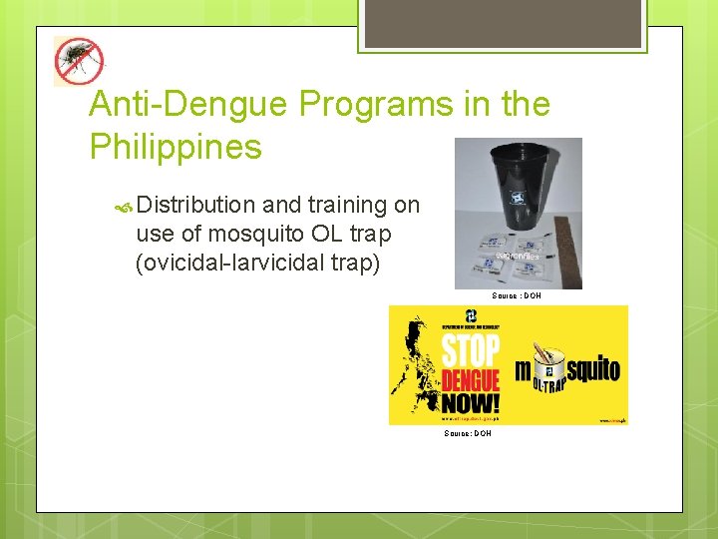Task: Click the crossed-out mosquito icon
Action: [x=78, y=61]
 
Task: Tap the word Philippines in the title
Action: [x=176, y=147]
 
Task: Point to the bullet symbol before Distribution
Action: [x=123, y=206]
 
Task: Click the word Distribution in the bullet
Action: [x=196, y=205]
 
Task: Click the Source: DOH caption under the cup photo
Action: [x=516, y=296]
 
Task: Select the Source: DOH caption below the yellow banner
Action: [x=468, y=433]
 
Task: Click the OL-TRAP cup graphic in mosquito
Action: [x=549, y=370]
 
